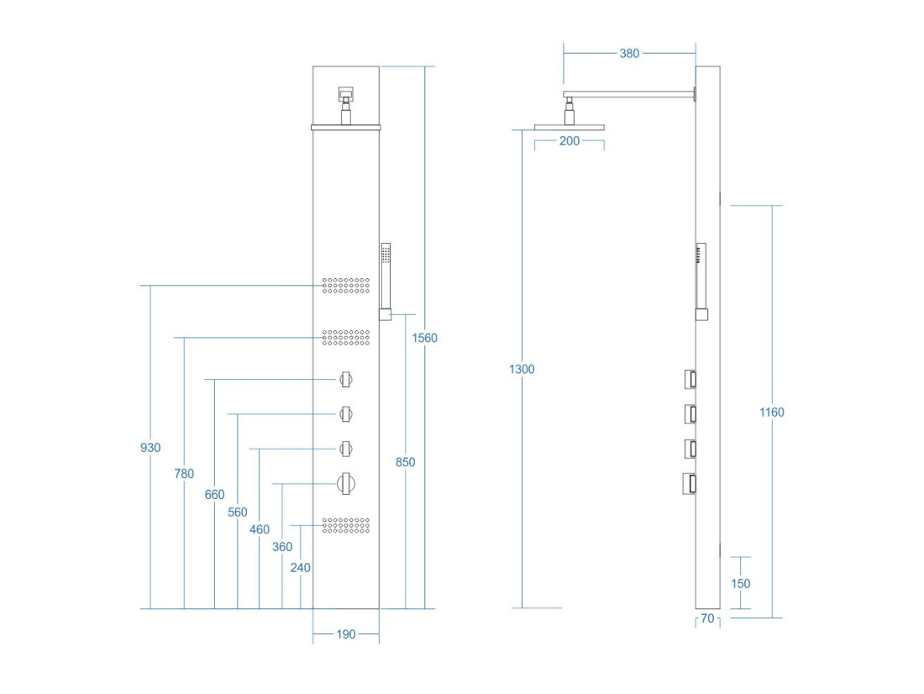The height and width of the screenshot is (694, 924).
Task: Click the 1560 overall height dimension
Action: (424, 338)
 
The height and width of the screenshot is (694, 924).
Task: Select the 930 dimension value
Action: (150, 448)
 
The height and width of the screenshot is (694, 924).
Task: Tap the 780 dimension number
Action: (184, 474)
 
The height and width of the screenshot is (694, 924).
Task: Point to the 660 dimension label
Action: (214, 495)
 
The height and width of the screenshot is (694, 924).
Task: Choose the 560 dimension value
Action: (238, 513)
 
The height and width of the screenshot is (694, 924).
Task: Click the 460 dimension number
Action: (260, 529)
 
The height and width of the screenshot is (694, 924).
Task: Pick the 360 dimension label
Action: (282, 547)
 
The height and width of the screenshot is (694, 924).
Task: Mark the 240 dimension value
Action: (301, 568)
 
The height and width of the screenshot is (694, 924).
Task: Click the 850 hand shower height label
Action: (406, 462)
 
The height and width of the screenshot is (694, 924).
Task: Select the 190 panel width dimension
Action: (346, 634)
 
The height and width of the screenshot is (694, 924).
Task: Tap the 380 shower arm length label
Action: (629, 54)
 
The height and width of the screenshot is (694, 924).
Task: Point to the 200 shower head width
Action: (570, 141)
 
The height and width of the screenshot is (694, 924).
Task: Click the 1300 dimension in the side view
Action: (522, 369)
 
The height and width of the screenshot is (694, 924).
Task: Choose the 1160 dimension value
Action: (771, 413)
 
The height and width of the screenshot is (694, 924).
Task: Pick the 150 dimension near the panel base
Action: (740, 584)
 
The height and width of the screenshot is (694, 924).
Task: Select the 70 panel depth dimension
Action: (708, 618)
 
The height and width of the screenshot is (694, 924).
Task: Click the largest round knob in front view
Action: (346, 484)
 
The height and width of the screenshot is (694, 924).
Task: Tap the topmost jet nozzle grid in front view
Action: (346, 286)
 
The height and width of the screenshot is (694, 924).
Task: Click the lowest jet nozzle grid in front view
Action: (346, 526)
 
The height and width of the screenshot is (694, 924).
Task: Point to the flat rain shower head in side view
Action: (570, 128)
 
